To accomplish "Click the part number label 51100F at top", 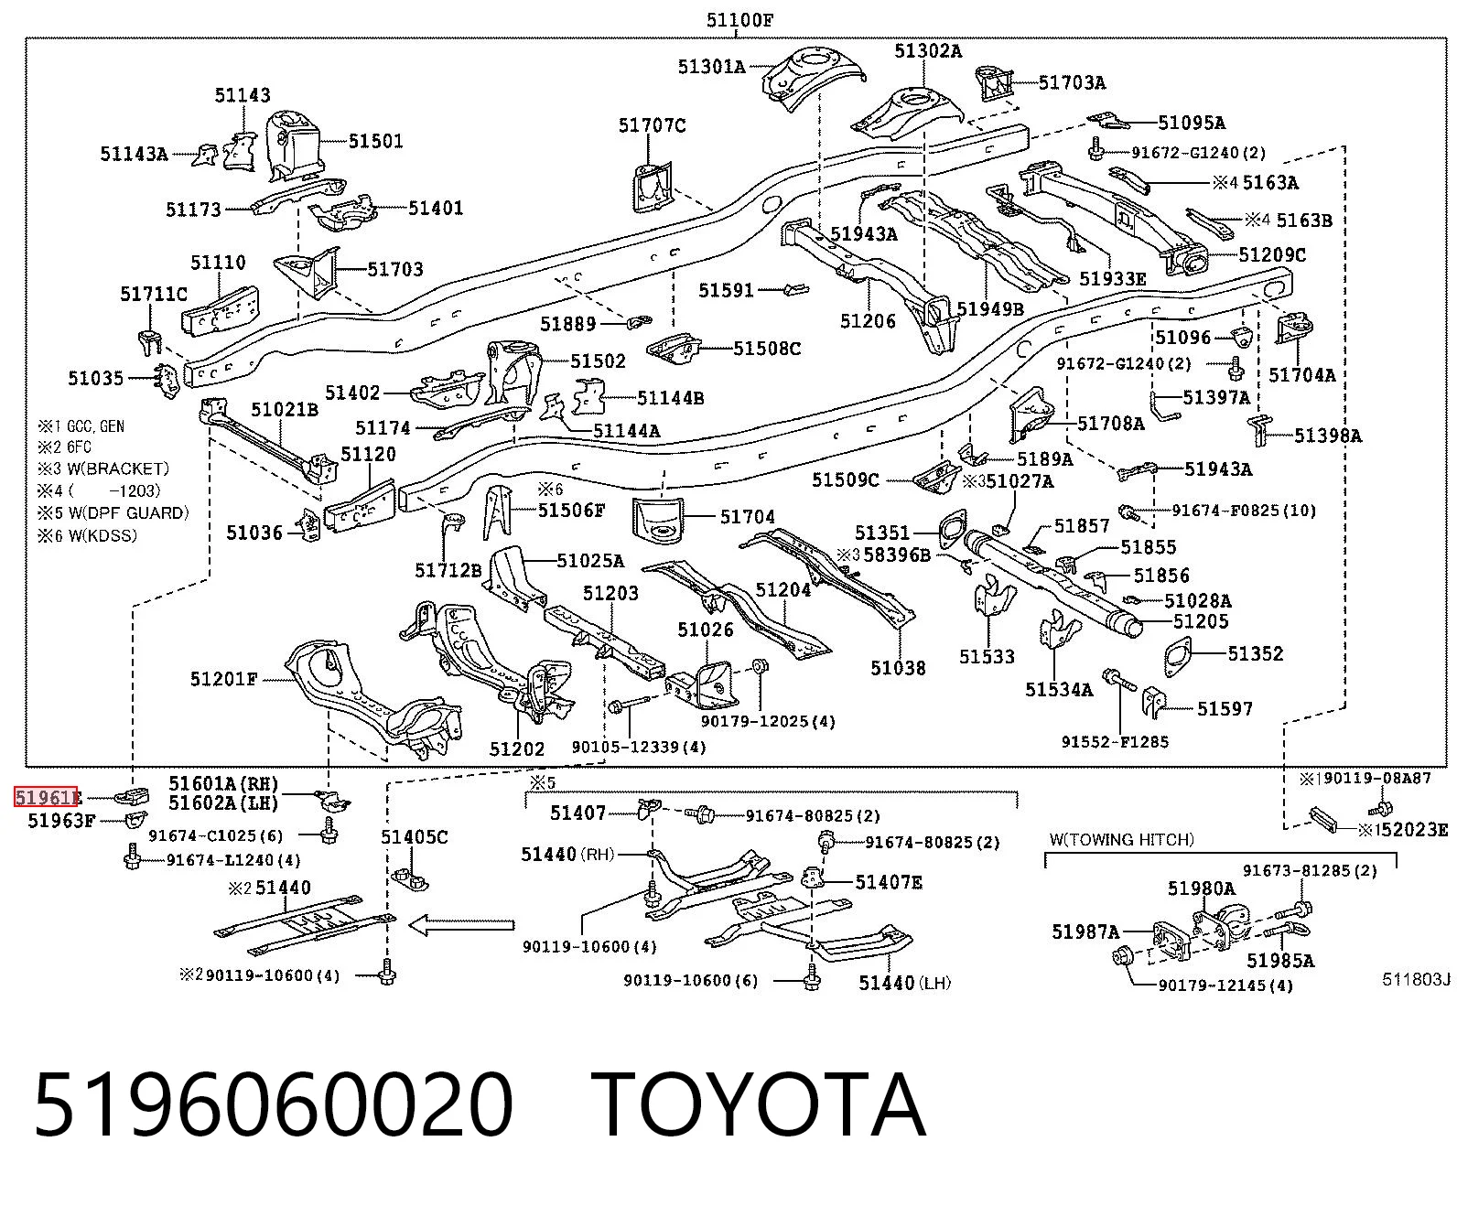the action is (739, 20).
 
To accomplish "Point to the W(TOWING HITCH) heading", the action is (1121, 840).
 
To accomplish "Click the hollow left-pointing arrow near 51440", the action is (461, 926).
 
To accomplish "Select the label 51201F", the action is (223, 679).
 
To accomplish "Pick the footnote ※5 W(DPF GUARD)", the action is (113, 513).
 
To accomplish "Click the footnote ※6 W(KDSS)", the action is (87, 535).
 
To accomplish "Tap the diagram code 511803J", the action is (1416, 979).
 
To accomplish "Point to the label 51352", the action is (1256, 654).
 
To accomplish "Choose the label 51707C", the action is (652, 125).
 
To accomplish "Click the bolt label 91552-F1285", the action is (1115, 742).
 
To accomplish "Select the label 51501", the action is (375, 141).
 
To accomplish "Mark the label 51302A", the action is (928, 51).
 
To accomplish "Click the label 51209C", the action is (1272, 254).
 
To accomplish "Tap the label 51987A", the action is (1085, 931).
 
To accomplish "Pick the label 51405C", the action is (414, 837).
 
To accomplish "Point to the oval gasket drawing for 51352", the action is (1176, 656).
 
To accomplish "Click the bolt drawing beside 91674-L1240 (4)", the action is (132, 856).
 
